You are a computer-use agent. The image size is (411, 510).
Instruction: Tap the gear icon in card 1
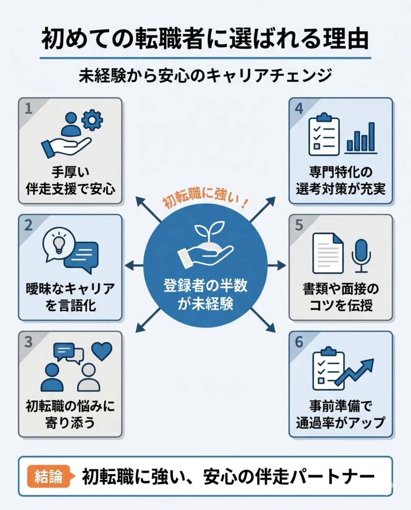click(92, 120)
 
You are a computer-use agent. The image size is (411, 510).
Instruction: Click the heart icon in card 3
click(102, 351)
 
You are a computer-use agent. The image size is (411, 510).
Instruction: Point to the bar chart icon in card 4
click(362, 137)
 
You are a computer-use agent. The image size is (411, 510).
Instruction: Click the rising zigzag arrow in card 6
click(354, 372)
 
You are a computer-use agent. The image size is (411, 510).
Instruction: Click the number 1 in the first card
click(28, 109)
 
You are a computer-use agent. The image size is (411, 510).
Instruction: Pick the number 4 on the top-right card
click(299, 108)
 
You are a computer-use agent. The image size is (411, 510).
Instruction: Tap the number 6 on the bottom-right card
click(299, 342)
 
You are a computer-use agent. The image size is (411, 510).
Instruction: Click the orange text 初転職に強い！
click(206, 199)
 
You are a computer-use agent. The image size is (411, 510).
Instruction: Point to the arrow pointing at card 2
click(135, 266)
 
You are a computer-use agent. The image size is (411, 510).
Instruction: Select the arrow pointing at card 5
click(276, 266)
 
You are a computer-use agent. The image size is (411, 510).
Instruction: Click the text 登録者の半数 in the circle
click(205, 285)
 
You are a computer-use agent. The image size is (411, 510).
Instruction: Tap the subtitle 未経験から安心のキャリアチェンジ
click(205, 76)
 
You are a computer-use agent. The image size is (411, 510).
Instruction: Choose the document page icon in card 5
click(328, 254)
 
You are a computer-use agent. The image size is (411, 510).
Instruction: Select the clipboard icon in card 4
click(323, 134)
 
